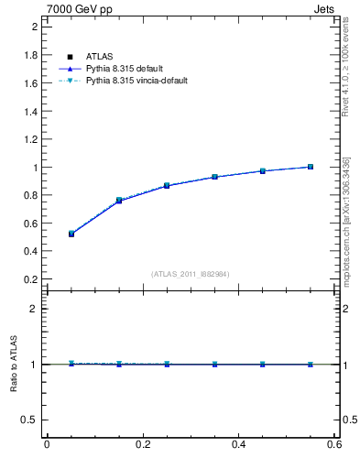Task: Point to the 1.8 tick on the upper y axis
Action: coord(31,55)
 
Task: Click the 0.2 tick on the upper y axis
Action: coord(31,278)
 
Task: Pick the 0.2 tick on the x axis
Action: coord(143,445)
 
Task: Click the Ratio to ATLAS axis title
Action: coord(14,365)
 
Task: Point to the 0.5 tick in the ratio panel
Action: coord(29,420)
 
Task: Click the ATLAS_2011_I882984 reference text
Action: coord(191,274)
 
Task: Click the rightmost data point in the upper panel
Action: coord(311,167)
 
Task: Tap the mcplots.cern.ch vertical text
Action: coord(346,220)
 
